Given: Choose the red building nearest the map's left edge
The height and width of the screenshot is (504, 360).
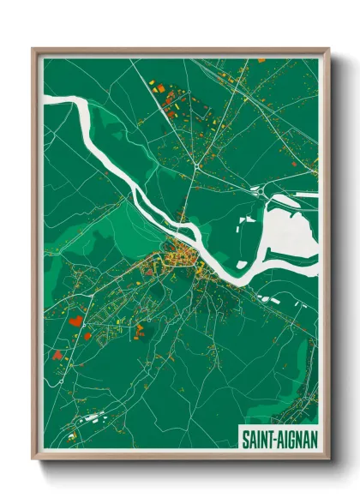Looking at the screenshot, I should coord(57,353).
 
